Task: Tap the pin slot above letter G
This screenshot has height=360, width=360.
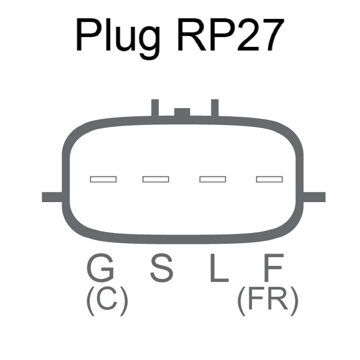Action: (103, 179)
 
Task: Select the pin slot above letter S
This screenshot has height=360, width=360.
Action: (156, 179)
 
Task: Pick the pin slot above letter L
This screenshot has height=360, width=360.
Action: (212, 179)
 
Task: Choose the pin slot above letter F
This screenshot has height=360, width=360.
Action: (269, 179)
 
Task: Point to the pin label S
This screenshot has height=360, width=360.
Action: (161, 268)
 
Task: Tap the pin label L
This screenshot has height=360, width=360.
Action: (219, 268)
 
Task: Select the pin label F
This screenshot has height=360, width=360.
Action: (272, 268)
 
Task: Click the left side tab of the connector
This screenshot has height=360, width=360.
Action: (52, 196)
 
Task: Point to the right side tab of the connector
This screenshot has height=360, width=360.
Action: (315, 196)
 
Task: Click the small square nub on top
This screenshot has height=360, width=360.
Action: (182, 112)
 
